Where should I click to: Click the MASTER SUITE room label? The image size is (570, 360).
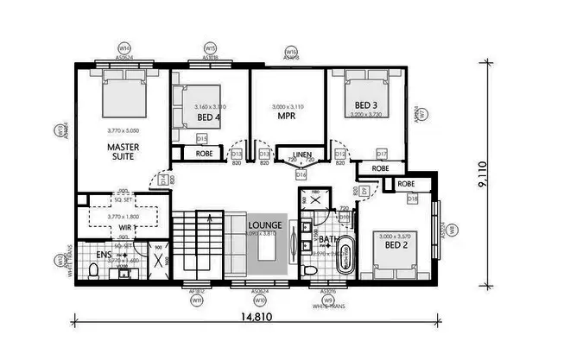coord(123,152)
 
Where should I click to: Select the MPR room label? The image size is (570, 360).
coord(287,115)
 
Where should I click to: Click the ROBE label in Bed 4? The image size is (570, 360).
coord(204,155)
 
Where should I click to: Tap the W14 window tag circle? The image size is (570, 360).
coord(124,48)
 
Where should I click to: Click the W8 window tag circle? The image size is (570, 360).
coord(453,230)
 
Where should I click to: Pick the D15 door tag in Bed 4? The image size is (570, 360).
coord(201,138)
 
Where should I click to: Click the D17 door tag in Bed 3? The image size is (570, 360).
coord(381,154)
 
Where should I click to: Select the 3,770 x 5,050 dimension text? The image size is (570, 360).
coord(123,129)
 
